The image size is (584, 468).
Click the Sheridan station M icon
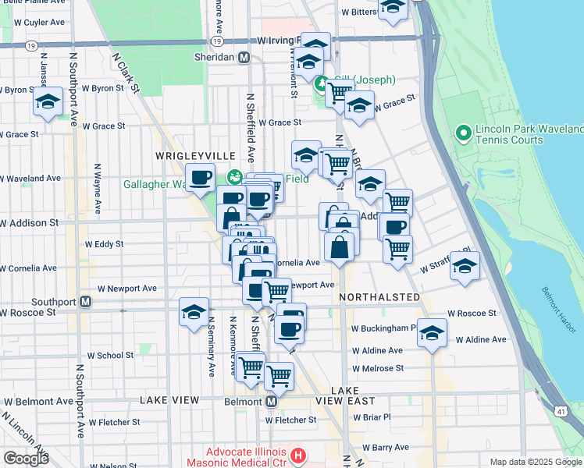pos(244,58)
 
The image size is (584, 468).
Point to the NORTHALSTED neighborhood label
pos(380,297)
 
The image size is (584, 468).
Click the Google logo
pos(26,459)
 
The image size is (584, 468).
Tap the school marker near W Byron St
pos(48,101)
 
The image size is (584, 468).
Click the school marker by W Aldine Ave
pos(432,333)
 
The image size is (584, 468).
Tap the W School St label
pos(110,355)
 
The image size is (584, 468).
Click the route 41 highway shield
pos(562,409)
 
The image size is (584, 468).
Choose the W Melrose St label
pos(377,368)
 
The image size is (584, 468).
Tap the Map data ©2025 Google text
pos(536,462)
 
